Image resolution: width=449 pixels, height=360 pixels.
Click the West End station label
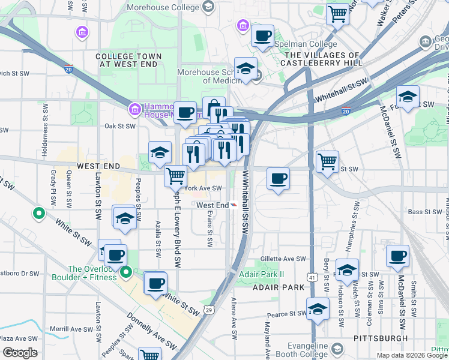212,205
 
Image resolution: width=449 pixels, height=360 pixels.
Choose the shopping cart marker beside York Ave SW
175,176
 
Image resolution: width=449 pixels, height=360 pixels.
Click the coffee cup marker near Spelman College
262,36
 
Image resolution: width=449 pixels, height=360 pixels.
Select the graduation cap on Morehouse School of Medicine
246,69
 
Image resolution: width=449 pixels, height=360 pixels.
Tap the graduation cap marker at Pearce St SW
318,309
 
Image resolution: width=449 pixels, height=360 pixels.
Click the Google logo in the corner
20,353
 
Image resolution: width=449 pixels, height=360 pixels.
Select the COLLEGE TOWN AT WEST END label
127,60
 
